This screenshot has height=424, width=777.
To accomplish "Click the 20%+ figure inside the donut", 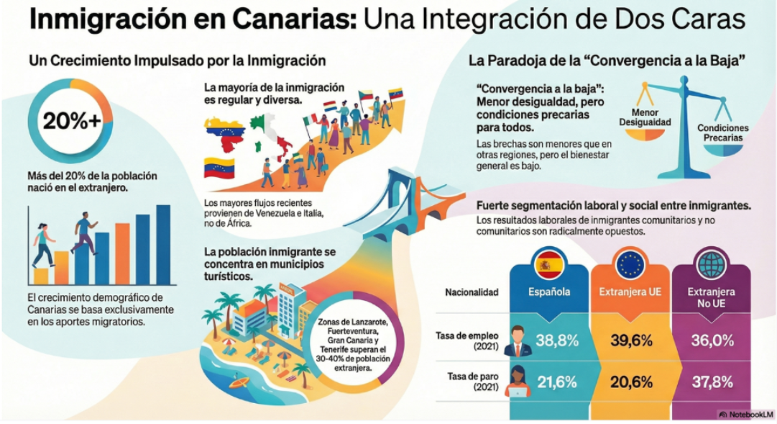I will (x=71, y=122).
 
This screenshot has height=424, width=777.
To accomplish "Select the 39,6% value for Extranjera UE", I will (x=630, y=340).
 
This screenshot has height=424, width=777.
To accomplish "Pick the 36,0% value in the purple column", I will (x=711, y=340).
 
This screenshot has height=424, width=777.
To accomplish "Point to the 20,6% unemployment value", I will (x=630, y=382).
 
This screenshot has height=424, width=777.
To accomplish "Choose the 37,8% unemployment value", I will (x=711, y=382).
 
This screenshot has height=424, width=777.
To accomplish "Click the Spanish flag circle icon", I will (x=549, y=265).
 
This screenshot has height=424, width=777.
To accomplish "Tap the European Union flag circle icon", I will (x=630, y=265).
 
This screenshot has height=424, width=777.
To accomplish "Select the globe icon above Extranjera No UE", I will (x=711, y=265).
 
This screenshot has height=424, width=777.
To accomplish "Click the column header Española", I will (x=549, y=292).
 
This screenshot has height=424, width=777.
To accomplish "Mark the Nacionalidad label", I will (x=472, y=292).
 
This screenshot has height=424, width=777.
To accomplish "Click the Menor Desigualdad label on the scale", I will (x=645, y=118).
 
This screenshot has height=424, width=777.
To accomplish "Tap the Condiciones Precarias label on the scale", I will (x=722, y=132).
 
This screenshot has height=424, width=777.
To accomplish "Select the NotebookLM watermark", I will (x=745, y=414).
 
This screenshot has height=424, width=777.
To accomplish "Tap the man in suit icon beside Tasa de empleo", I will (x=518, y=340).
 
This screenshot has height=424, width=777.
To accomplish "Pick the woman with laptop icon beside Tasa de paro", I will (x=518, y=382).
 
